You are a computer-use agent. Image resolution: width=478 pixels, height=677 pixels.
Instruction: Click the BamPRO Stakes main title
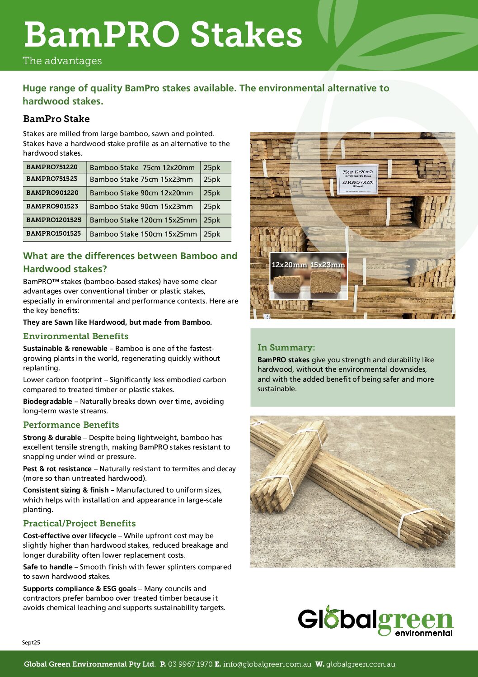click(163, 35)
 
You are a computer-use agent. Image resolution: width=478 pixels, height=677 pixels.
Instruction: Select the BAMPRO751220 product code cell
click(52, 167)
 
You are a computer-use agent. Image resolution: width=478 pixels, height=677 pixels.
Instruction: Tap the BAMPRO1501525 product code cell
click(54, 234)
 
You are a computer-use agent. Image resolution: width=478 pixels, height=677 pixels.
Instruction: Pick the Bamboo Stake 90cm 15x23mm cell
click(141, 207)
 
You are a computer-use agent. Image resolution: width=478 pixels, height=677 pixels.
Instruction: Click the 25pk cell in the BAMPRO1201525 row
click(212, 220)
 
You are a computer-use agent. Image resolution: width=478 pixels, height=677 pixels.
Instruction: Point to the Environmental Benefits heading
click(76, 336)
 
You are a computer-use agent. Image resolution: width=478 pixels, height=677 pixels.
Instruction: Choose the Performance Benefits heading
click(71, 425)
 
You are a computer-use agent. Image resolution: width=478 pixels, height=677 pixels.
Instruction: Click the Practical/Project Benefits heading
click(80, 523)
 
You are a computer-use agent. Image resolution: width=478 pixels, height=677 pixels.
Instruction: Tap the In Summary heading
click(286, 347)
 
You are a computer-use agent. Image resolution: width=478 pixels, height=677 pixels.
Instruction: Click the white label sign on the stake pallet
click(357, 180)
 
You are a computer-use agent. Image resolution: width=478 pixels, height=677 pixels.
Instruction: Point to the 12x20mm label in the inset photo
click(289, 265)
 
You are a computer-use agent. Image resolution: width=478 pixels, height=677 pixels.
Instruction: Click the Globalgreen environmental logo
click(375, 621)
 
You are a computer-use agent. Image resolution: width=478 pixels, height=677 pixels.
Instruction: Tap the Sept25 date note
click(31, 642)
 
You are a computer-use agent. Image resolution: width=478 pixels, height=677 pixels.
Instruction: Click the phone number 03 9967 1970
click(190, 664)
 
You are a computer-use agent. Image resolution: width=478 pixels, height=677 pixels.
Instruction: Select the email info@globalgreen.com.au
click(267, 664)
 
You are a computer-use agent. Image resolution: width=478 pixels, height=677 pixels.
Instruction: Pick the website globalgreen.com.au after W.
click(361, 664)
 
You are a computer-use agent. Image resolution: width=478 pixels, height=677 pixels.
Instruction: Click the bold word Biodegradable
click(47, 401)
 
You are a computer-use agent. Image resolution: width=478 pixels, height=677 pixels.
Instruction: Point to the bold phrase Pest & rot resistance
click(57, 469)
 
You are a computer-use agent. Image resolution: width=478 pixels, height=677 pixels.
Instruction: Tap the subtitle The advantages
click(62, 61)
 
